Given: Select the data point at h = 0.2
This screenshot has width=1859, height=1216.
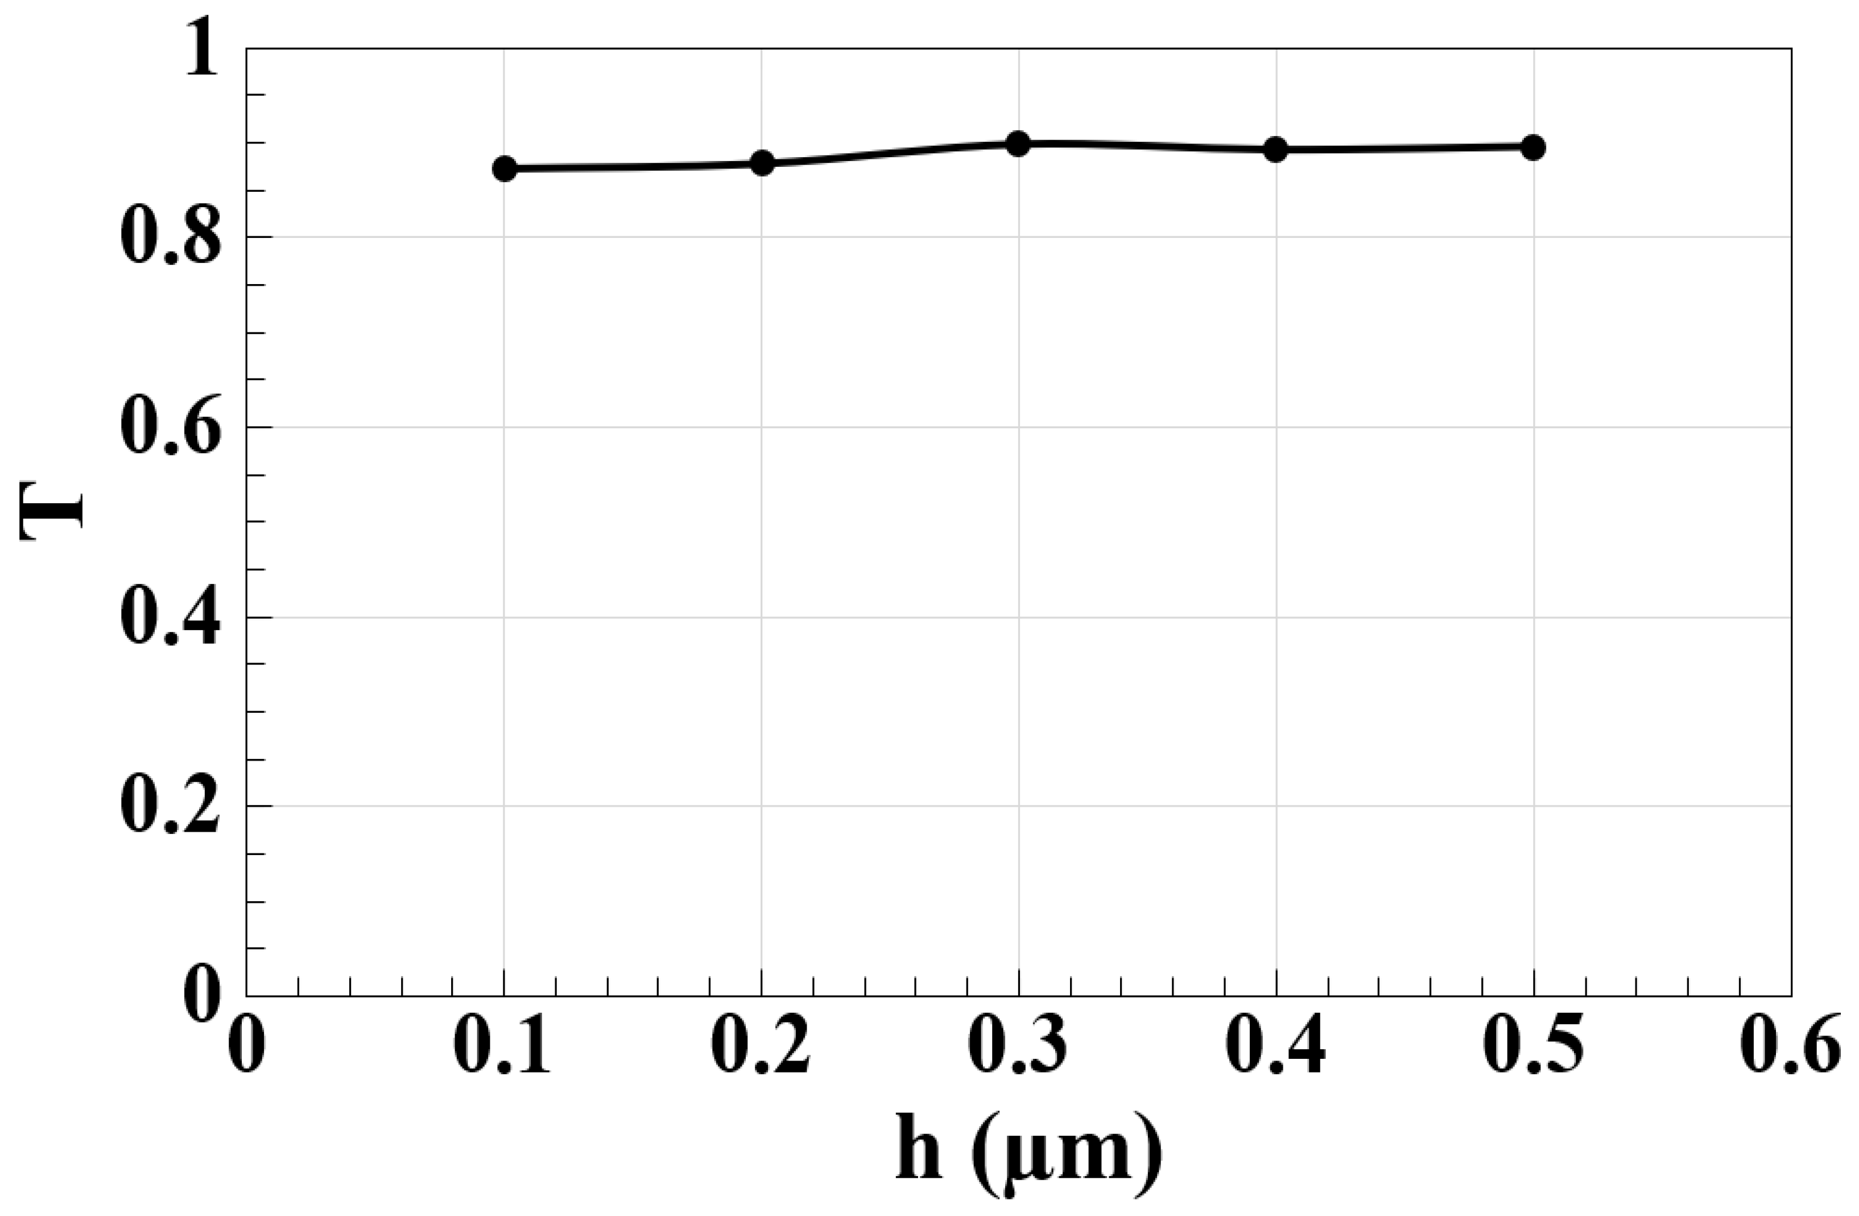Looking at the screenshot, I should tap(762, 163).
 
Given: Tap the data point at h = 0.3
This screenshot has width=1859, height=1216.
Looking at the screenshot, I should tap(1018, 144).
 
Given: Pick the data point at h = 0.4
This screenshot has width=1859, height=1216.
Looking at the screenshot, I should tap(1275, 149).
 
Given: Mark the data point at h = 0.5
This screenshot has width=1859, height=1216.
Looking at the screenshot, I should tap(1533, 147).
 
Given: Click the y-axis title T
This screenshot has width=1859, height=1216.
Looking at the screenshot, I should tap(52, 512).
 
